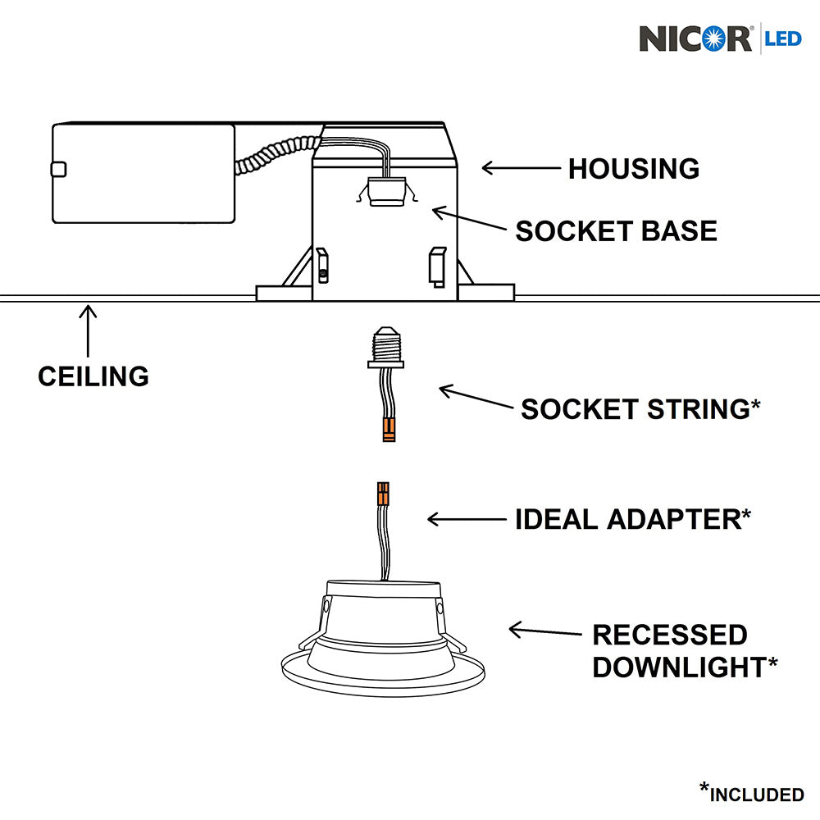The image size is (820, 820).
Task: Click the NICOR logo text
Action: [x=695, y=39]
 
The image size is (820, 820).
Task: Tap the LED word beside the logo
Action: [x=783, y=38]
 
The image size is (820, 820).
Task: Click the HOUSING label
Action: [x=634, y=169]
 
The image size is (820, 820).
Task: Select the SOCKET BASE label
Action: [x=616, y=230]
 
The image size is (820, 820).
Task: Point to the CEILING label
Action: [x=93, y=376]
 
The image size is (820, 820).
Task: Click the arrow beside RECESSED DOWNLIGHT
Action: [x=544, y=631]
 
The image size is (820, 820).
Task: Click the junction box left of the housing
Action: [x=143, y=173]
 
